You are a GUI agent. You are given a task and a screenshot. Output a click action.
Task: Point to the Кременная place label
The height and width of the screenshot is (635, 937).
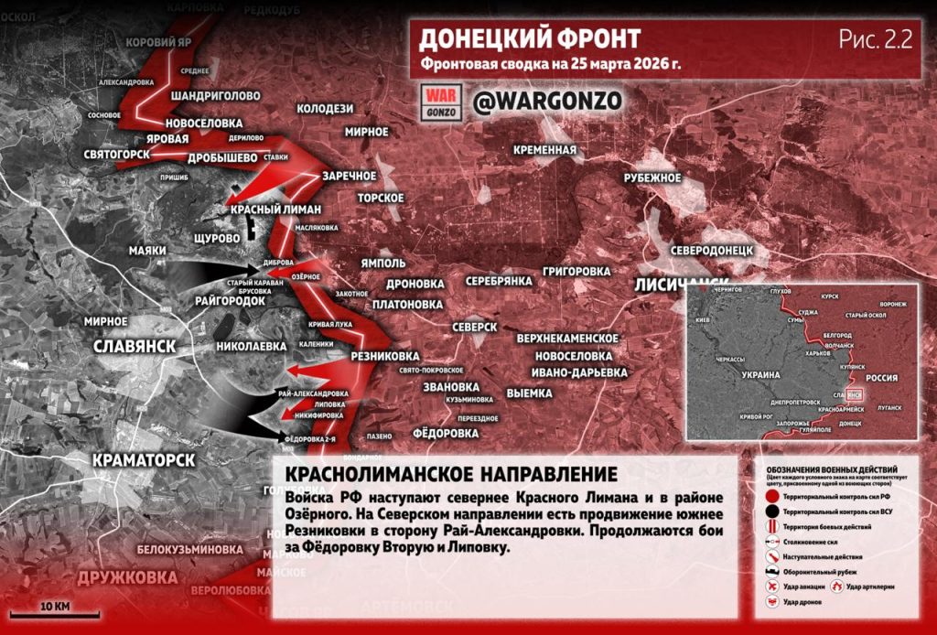coord(544,150)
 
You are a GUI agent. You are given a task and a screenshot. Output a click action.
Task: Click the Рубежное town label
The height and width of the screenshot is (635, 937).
coord(652,178)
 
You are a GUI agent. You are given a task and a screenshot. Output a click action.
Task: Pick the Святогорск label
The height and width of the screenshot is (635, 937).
coord(116,154)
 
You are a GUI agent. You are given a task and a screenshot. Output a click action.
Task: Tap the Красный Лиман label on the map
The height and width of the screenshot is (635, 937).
coord(275,210)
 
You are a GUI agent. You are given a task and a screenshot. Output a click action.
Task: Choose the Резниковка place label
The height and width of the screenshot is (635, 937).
coord(384,356)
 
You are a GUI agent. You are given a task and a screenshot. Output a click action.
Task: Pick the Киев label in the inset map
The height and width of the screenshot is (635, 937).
coord(704,321)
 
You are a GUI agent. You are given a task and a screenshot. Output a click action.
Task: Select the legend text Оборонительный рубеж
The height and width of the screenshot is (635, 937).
coord(818,570)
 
